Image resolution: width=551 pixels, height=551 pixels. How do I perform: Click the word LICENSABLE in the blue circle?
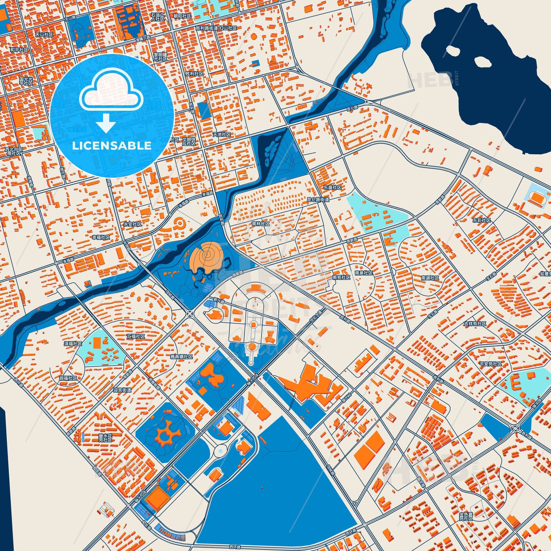112,146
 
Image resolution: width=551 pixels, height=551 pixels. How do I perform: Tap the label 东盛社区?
332,187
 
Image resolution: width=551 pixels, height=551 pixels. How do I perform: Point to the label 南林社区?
261,224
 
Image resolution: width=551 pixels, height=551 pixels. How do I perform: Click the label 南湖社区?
430,277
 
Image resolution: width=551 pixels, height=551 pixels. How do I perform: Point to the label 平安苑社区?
491,364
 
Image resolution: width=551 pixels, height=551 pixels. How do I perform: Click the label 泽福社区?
73,344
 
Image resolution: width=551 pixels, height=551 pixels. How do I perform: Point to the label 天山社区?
44,34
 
